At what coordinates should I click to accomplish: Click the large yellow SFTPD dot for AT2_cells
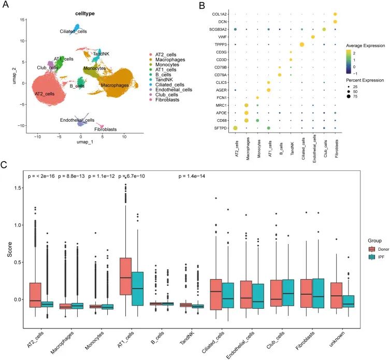[235, 128]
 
